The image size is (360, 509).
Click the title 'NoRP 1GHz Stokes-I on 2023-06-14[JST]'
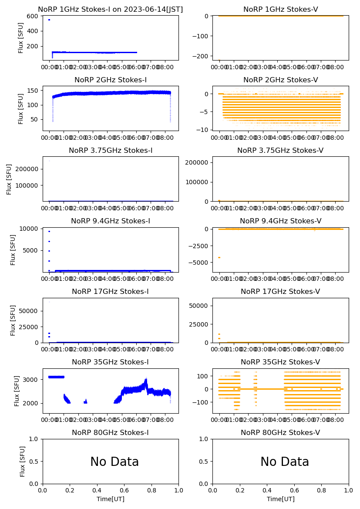pyautogui.click(x=110, y=9)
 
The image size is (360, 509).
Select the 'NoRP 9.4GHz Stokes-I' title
pyautogui.click(x=110, y=221)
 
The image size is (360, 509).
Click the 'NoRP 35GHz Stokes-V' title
pyautogui.click(x=280, y=362)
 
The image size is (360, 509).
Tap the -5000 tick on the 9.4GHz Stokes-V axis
pyautogui.click(x=199, y=263)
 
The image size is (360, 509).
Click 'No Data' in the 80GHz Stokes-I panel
pyautogui.click(x=114, y=462)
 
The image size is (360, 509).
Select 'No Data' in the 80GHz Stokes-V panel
pyautogui.click(x=285, y=462)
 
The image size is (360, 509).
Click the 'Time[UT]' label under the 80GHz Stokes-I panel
pyautogui.click(x=110, y=499)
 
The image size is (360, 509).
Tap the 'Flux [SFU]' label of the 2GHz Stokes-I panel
pyautogui.click(x=21, y=108)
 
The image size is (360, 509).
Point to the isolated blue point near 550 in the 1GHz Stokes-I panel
pyautogui.click(x=49, y=20)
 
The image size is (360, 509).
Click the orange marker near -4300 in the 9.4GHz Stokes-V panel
pyautogui.click(x=219, y=257)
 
